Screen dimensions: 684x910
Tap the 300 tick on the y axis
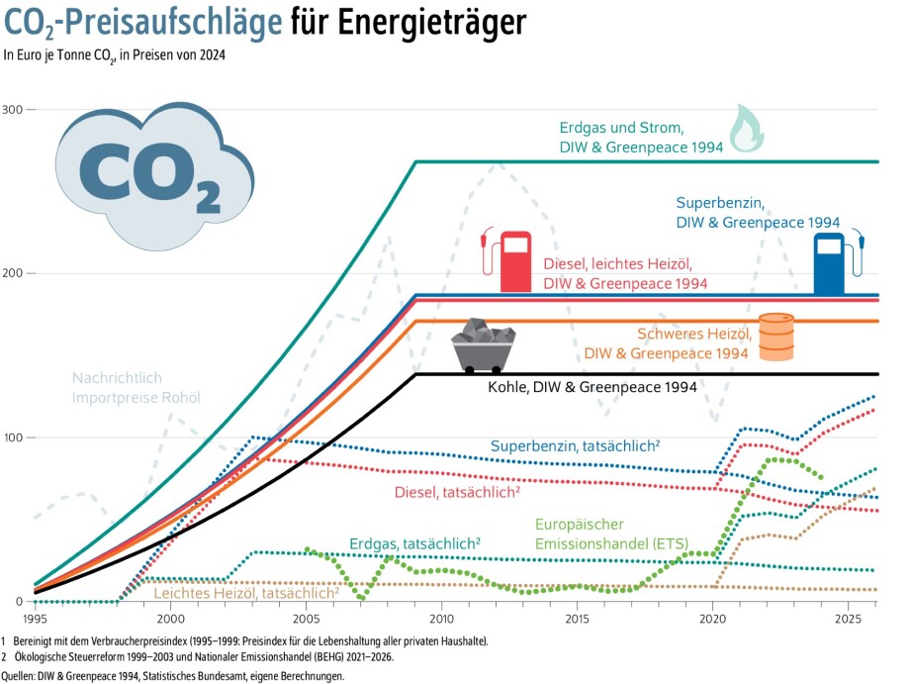tap(15, 109)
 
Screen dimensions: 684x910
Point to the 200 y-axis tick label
tap(15, 273)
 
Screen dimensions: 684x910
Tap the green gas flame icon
tap(747, 129)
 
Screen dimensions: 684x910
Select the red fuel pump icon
tap(508, 260)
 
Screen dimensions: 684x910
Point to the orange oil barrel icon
tap(776, 337)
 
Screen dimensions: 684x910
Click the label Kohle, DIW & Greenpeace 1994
tap(592, 387)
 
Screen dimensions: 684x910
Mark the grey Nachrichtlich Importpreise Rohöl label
tap(136, 388)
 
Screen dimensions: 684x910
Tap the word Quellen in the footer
tap(22, 675)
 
